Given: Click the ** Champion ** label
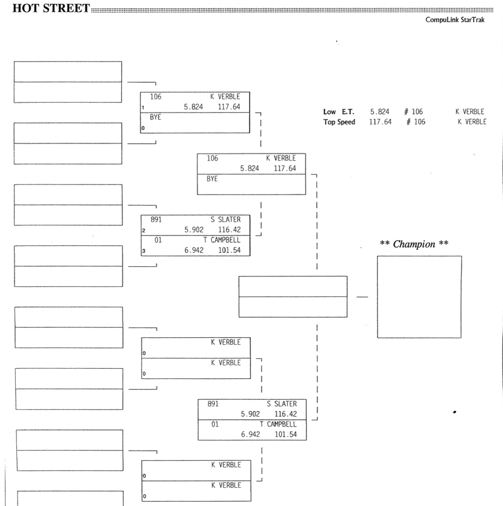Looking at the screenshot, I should point(414,244).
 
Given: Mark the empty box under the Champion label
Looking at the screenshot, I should point(419,296).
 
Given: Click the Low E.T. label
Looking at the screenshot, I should point(338,111).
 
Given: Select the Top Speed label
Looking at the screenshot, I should point(339,122).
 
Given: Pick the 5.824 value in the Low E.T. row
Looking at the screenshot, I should point(379,111).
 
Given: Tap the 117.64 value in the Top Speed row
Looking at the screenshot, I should point(380,122).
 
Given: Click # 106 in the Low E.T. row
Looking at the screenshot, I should point(413,111).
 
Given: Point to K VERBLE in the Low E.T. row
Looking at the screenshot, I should point(470,111).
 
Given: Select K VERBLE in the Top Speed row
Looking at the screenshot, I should point(472,122).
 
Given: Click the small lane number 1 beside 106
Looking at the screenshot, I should point(143,108).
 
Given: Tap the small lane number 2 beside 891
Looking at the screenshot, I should point(143,231).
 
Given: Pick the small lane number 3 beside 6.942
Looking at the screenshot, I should point(143,251).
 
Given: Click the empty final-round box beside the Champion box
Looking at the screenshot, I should point(292,296).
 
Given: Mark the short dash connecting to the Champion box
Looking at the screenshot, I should point(362,296).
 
